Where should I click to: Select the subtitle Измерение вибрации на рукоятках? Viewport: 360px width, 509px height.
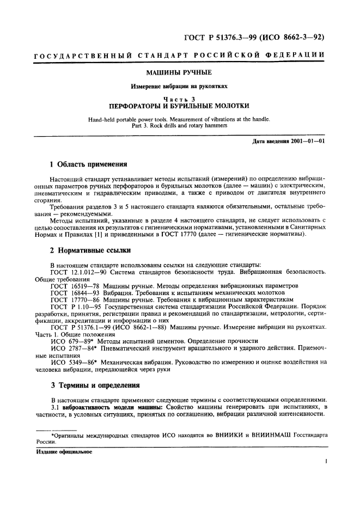pyautogui.click(x=180, y=86)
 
